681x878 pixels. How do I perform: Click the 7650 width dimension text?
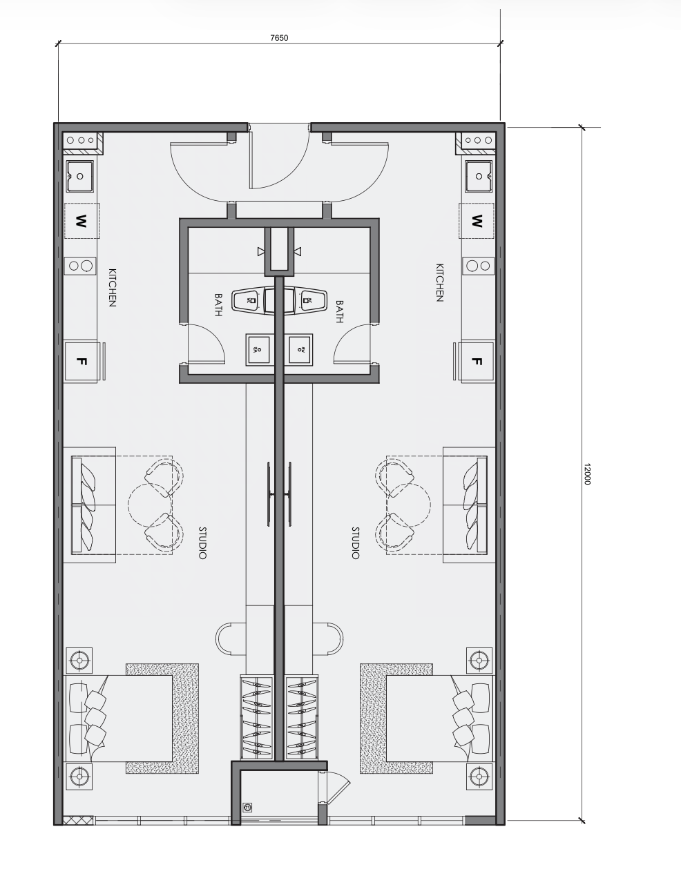pos(279,38)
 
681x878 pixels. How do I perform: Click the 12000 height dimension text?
pos(588,474)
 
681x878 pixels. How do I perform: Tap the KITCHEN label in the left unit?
pos(113,288)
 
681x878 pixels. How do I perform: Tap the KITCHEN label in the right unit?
pos(440,283)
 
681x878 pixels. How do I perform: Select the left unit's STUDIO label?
pos(202,543)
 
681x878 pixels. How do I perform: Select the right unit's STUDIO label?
pos(355,543)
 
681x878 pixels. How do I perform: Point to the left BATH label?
pos(218,305)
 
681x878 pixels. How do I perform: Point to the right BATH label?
pos(340,311)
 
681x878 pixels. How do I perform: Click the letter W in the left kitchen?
pos(81,221)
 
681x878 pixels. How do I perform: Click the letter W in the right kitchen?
pos(477,221)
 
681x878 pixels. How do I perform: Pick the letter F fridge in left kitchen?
pos(81,361)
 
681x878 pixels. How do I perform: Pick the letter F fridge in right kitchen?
pos(477,361)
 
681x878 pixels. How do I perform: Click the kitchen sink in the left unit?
pos(80,176)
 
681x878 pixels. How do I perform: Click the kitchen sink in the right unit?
pos(479,176)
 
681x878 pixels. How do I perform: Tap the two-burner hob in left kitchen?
pos(80,266)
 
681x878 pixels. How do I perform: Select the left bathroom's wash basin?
pos(258,349)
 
